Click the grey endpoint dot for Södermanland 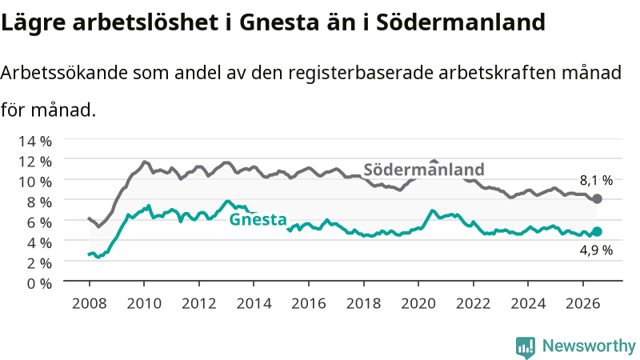[x=597, y=198]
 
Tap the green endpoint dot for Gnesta [x=597, y=231]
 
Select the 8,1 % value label [x=596, y=181]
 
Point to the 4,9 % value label [x=596, y=250]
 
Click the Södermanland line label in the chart [x=424, y=170]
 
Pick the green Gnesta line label [x=258, y=219]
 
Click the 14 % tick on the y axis [x=35, y=142]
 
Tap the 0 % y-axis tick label [x=39, y=283]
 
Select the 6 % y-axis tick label [x=39, y=222]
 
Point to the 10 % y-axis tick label [x=35, y=182]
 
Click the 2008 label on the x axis [x=89, y=304]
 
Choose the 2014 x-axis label [x=254, y=304]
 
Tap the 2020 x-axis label [x=418, y=304]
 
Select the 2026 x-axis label [x=583, y=304]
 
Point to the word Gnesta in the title [x=278, y=23]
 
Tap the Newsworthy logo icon [x=526, y=348]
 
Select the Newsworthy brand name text [x=589, y=346]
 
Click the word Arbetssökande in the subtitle [x=64, y=73]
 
